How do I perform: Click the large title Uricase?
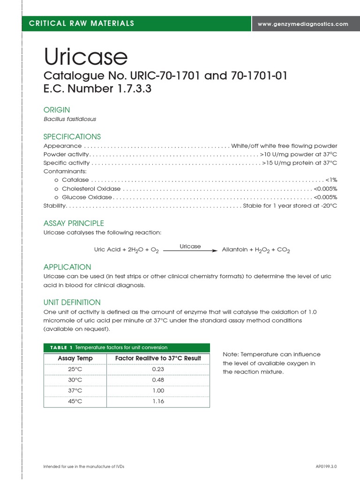pos(86,57)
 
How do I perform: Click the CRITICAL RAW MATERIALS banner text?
pos(82,23)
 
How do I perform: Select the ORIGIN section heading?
pos(57,110)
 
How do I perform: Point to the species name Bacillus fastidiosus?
pos(70,119)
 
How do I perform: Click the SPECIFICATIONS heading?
pos(72,137)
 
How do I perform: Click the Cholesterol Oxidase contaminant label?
pos(91,189)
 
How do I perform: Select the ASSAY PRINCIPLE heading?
pos(74,223)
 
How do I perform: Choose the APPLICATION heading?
pos(67,267)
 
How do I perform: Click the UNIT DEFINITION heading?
pos(72,302)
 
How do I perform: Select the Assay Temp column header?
pos(75,359)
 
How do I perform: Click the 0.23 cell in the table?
pos(158,369)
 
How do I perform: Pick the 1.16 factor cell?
pos(158,401)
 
